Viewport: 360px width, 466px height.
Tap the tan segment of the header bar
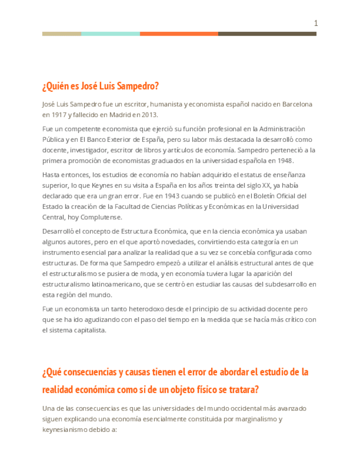click(x=62, y=34)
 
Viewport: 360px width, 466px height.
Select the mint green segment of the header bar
click(x=110, y=34)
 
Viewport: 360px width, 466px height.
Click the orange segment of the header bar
click(x=179, y=34)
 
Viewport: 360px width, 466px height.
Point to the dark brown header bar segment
click(x=267, y=34)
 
